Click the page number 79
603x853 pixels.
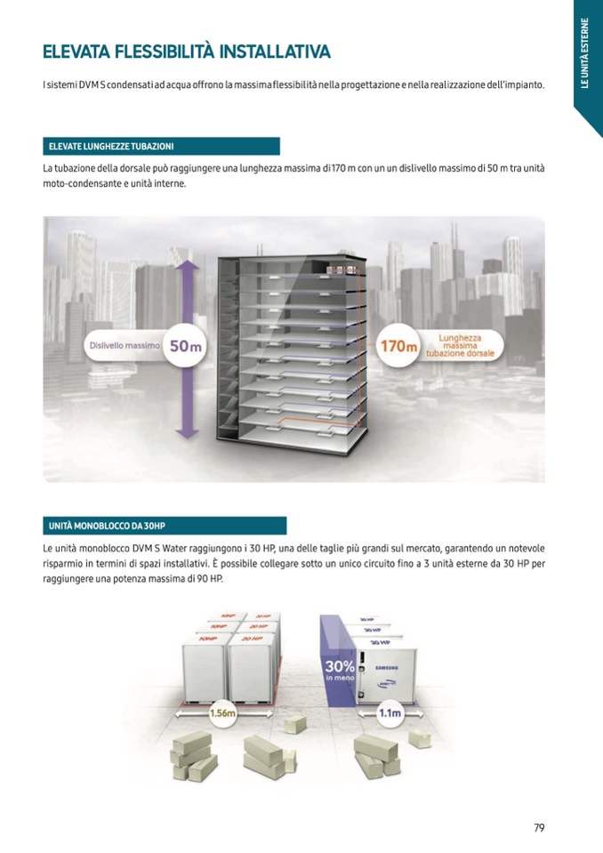click(539, 827)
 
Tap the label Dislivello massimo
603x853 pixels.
click(125, 345)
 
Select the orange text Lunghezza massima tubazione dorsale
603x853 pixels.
click(460, 345)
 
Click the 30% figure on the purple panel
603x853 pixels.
click(340, 666)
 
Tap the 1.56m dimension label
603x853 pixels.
click(221, 713)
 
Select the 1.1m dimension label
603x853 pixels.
click(390, 713)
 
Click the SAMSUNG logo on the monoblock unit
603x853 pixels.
click(385, 666)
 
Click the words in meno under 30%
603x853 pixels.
click(339, 680)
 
